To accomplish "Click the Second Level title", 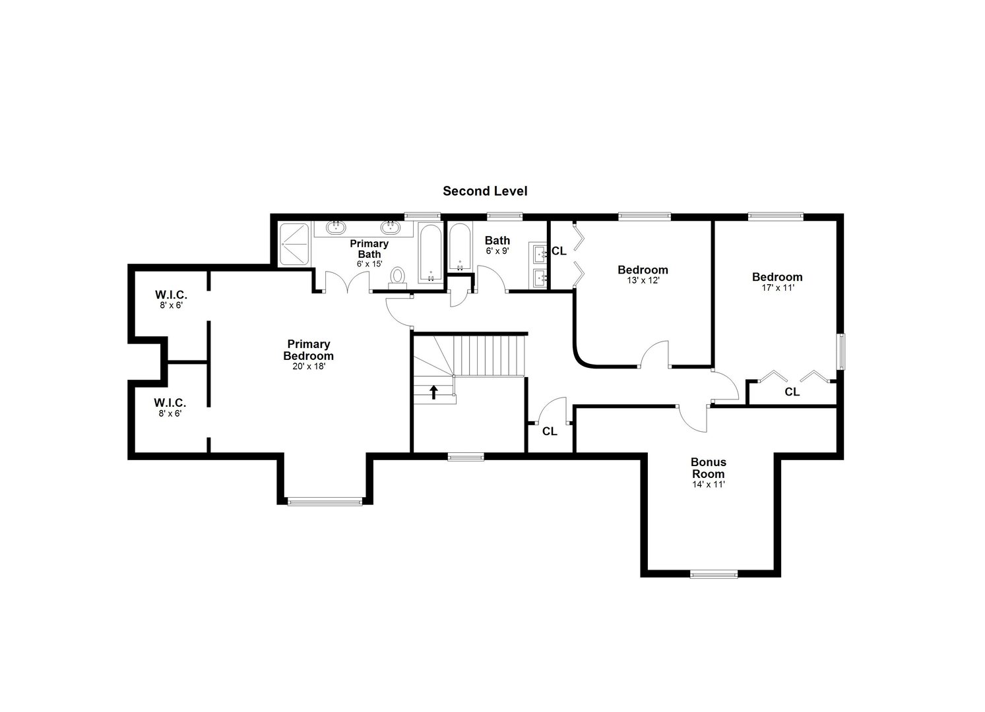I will pos(485,191).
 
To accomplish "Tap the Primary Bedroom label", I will pos(308,350).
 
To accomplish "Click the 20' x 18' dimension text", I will pos(308,366).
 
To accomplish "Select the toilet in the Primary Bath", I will pos(398,278).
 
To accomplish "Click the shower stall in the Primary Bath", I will pos(294,244).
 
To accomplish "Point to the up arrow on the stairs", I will pos(433,393).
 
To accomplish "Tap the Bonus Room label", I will pos(708,468).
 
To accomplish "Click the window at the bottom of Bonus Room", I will pos(714,574).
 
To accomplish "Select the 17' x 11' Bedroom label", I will pos(777,277).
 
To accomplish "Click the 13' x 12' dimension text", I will pos(643,280).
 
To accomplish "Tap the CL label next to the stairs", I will pos(550,432).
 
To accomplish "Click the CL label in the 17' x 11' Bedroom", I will pos(792,392).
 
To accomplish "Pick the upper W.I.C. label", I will pos(170,295).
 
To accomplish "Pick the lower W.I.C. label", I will pos(170,402).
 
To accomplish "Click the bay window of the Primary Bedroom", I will pos(325,502).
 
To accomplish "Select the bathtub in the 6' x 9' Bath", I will pos(460,248).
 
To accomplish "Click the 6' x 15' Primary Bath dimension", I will pos(369,264).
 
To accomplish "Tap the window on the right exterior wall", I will pos(841,353).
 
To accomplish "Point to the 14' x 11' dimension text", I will pos(708,485).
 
